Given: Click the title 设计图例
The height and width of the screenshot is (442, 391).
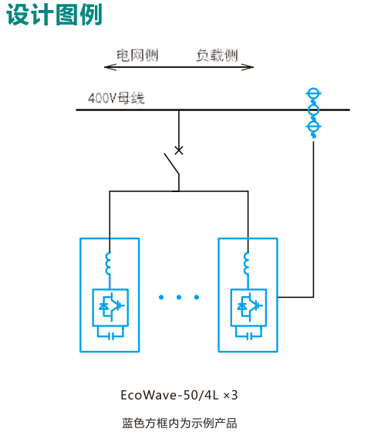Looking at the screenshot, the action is [x=54, y=15].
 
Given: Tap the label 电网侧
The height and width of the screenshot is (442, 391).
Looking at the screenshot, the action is [x=137, y=55].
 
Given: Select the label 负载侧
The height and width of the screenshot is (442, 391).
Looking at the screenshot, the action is [x=217, y=55].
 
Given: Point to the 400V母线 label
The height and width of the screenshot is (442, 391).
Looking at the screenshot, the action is [x=116, y=98].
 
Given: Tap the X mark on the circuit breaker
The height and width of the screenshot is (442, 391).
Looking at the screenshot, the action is [x=179, y=150].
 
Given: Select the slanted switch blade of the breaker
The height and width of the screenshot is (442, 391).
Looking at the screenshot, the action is [x=172, y=164].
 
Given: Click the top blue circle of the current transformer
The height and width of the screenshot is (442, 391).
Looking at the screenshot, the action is [x=313, y=93].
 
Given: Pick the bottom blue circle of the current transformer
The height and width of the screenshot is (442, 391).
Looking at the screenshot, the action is [x=313, y=127].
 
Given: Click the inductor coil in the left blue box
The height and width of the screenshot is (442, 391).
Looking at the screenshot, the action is [x=108, y=263].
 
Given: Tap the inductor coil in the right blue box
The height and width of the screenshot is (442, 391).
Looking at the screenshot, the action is [x=246, y=263].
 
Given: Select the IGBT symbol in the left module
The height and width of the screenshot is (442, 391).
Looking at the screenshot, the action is [x=111, y=307].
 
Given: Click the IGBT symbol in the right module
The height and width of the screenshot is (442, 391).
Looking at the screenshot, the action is [x=249, y=307].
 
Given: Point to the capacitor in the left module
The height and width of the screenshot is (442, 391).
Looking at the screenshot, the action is [x=110, y=336].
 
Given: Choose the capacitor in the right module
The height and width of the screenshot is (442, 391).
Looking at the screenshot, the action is [x=248, y=336].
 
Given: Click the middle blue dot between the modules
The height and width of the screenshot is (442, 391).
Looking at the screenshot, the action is [x=179, y=297].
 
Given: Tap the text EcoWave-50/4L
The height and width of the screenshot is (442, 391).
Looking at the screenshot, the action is [x=170, y=395].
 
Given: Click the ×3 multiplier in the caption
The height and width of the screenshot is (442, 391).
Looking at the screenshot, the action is [x=231, y=395].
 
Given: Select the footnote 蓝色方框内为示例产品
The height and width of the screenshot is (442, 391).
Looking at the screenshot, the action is [x=180, y=423].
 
